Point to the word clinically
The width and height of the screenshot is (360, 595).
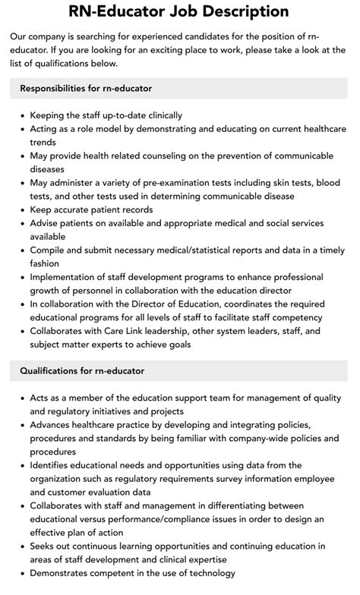pos(157,115)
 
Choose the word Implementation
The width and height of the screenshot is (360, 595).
pos(66,277)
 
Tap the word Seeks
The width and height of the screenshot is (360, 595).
pos(44,546)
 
